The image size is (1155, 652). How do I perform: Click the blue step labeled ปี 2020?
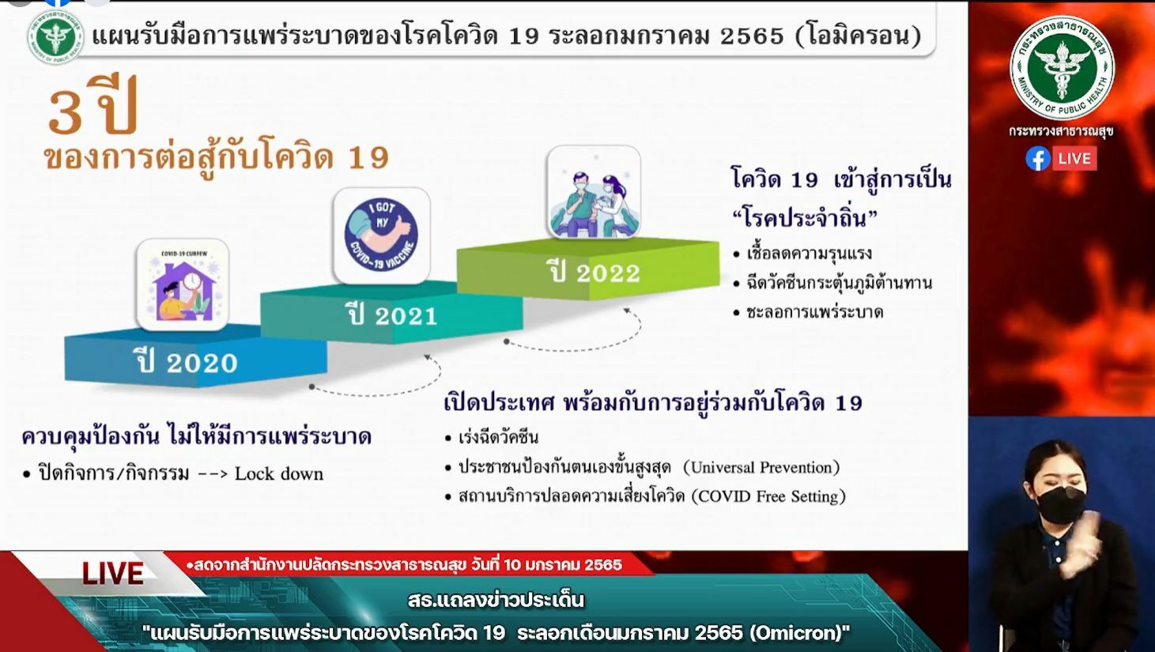point(188,362)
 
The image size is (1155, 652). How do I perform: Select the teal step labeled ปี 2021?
point(392,315)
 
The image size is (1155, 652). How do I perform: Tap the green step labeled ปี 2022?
point(594,273)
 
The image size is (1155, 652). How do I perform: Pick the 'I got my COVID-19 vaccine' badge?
point(382,236)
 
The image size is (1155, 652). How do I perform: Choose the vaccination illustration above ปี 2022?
point(594,192)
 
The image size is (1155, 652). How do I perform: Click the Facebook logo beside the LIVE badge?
point(1037,159)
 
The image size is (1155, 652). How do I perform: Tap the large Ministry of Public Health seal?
point(1062,68)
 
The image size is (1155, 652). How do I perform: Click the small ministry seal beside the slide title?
point(55,36)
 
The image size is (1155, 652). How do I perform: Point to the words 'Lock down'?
point(279,473)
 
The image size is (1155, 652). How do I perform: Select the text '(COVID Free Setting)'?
point(768,496)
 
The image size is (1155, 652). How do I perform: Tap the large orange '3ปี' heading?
point(93,107)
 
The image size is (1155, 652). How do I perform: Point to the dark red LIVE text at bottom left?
point(113,574)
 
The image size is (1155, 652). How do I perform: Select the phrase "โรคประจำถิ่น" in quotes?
point(805,218)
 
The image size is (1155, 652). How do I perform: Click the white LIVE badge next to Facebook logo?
point(1074,159)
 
